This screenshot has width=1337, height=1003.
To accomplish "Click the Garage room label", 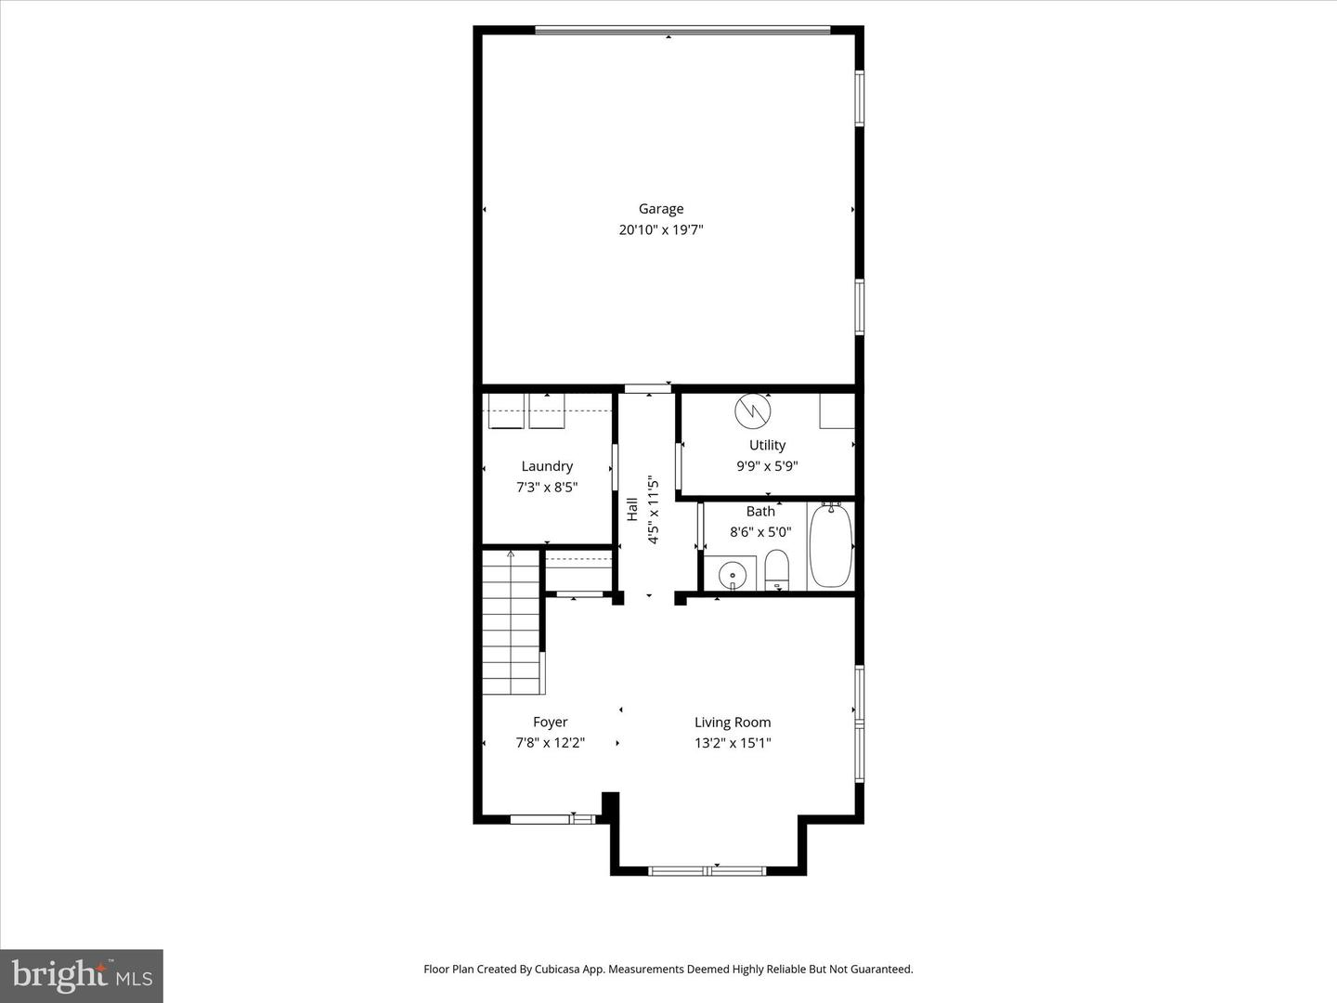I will (x=660, y=209).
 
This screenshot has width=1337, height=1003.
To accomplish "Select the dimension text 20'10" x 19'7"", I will (x=660, y=230).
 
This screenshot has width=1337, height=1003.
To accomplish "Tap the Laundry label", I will (x=546, y=466).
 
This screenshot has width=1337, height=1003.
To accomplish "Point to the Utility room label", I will (x=767, y=445).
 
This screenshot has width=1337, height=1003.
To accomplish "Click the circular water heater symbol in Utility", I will (x=752, y=410).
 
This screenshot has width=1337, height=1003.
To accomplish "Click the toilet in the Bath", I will (x=776, y=569).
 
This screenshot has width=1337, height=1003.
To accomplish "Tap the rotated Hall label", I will (x=632, y=509).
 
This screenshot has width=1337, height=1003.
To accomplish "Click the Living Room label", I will (x=733, y=722).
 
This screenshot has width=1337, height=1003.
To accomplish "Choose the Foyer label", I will (x=550, y=722).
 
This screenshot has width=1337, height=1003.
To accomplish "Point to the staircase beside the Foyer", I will (x=512, y=622).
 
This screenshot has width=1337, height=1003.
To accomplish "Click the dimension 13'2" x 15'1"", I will (x=733, y=743).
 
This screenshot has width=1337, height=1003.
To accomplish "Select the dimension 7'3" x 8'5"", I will (x=547, y=487).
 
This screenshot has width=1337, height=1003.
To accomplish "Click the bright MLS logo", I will (x=82, y=975).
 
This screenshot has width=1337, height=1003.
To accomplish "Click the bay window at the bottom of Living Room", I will (x=707, y=870).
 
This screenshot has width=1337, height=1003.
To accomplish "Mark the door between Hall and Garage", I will (x=647, y=387).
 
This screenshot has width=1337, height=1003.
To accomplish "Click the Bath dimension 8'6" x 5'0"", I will (x=760, y=532).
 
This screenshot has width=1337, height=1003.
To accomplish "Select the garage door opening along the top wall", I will (x=682, y=31).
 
